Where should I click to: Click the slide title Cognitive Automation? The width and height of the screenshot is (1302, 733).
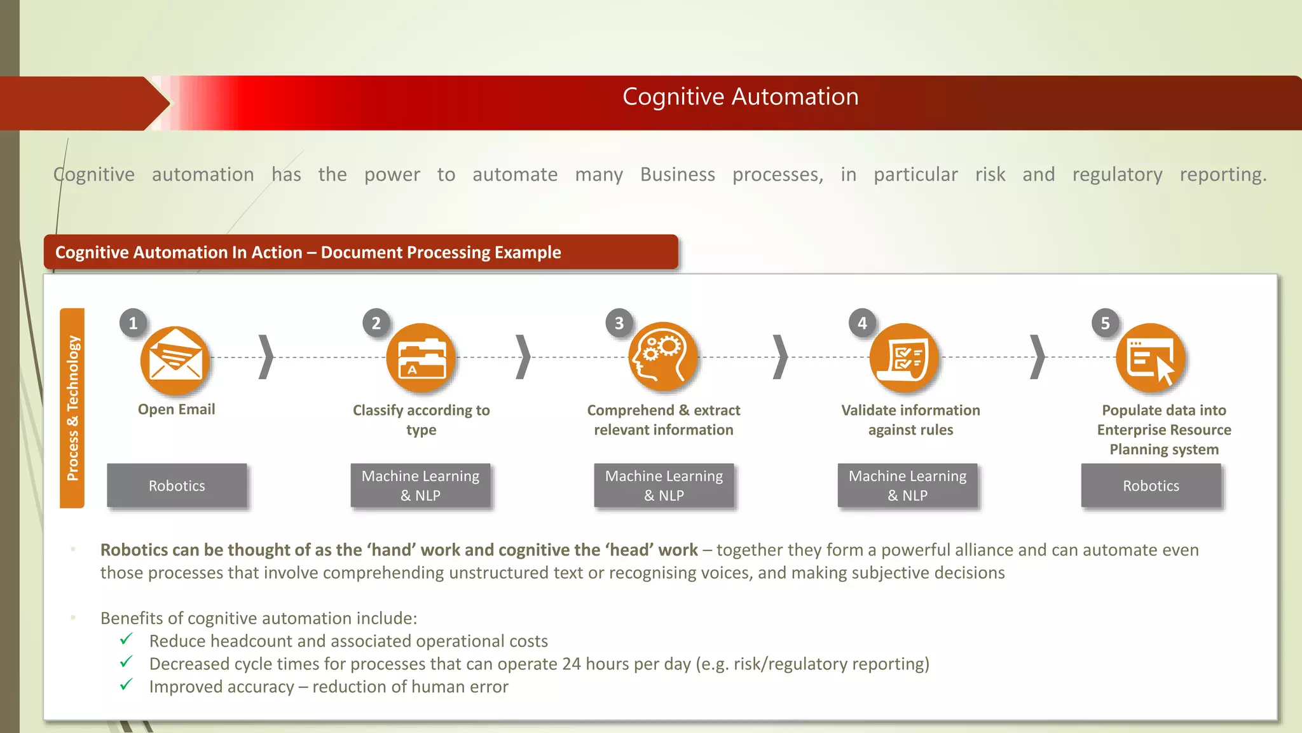point(740,97)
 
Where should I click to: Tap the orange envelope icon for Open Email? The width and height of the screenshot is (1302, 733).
point(175,361)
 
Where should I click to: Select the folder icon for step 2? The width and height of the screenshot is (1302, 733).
point(421,358)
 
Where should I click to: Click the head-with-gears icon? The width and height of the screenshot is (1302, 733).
point(662,357)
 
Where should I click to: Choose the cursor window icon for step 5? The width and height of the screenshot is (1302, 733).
point(1151,358)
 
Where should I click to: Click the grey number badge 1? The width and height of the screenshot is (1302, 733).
point(133,323)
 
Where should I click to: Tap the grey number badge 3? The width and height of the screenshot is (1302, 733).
point(619,323)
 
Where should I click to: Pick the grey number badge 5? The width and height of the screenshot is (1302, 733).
point(1105,323)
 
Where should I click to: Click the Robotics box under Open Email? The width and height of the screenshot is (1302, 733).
point(177,485)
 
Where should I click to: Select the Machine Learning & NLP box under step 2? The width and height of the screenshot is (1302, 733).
point(420,485)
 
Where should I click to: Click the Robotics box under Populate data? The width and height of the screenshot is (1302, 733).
point(1151,485)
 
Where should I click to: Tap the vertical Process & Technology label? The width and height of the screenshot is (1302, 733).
point(72,408)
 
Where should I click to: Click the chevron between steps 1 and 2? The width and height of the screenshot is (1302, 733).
point(266,357)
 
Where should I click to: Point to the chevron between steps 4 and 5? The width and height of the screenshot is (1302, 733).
point(1037,357)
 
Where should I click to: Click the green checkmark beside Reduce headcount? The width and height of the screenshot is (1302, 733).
point(127,639)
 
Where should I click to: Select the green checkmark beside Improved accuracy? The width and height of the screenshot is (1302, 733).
point(127,685)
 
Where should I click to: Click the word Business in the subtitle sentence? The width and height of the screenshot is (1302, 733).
point(677,174)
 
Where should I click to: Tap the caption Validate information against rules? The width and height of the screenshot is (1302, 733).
point(910,420)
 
